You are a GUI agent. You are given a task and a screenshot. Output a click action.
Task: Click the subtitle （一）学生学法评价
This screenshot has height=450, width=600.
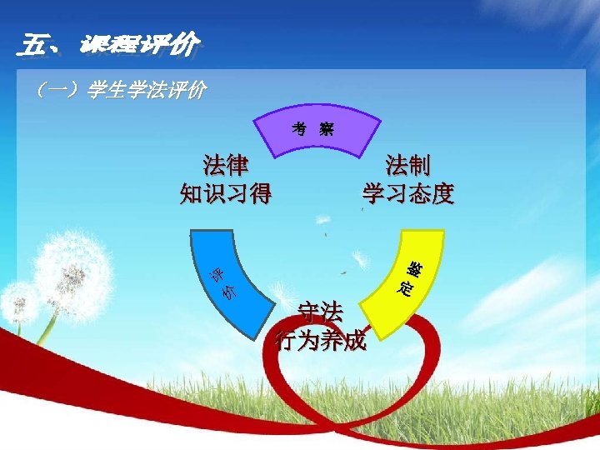click(117, 89)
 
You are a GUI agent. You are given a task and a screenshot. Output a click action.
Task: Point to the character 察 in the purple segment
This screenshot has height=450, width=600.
click(326, 129)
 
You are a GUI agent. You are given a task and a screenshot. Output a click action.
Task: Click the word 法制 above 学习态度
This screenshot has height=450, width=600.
click(408, 164)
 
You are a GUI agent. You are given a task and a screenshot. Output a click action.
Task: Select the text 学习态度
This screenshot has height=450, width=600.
click(408, 193)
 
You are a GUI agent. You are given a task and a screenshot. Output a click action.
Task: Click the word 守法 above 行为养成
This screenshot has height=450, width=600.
click(321, 312)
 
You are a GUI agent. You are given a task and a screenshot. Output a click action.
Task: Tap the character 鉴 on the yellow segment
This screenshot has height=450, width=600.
click(413, 269)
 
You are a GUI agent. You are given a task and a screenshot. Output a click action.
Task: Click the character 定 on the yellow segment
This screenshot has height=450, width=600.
click(406, 290)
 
